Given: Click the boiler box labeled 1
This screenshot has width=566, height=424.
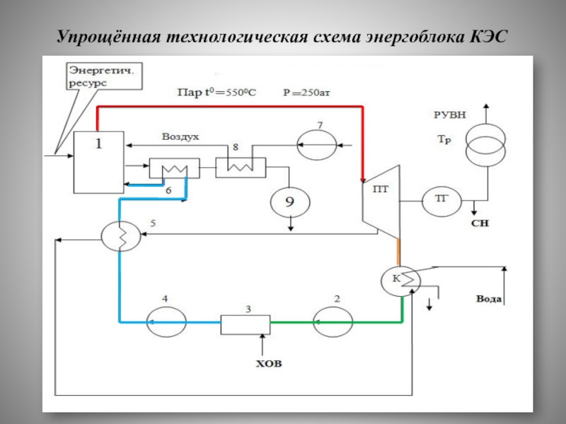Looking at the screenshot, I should [99, 161].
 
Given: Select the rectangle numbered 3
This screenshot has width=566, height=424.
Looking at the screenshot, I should [245, 324].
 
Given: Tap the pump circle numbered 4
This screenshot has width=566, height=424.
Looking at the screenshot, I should [164, 324].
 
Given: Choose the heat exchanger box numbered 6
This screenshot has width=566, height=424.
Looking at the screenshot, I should [173, 168].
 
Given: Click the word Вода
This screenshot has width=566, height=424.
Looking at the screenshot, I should [489, 299].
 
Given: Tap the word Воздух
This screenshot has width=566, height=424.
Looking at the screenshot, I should [180, 137].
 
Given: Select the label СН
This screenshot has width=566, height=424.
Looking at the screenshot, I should [480, 223].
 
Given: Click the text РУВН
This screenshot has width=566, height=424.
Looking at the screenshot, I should [451, 114].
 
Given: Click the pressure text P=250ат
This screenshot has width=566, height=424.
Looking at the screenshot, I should [306, 92].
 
